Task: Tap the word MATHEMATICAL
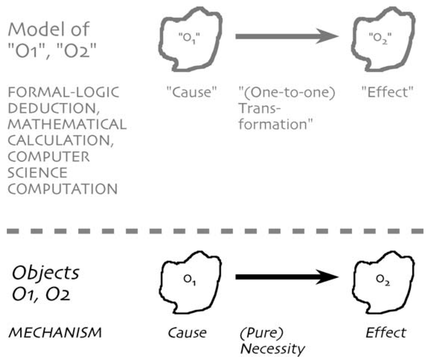pyautogui.click(x=67, y=124)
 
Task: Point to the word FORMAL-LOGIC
pyautogui.click(x=64, y=92)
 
